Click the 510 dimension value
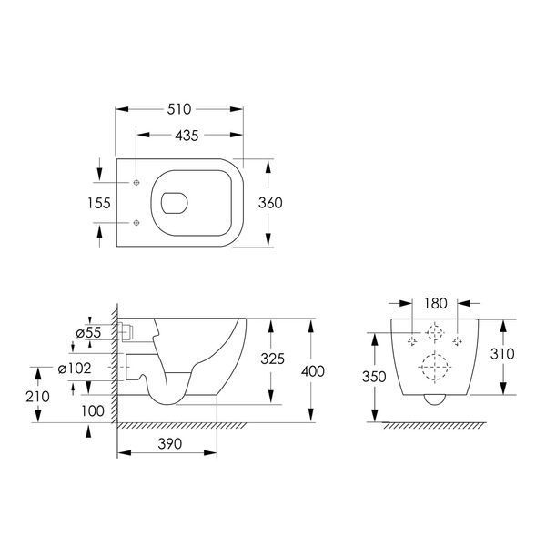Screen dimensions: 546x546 pos(179,109)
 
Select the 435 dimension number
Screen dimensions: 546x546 pos(187,136)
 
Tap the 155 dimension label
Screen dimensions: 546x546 pos(99,203)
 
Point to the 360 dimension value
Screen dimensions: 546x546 pos(270,203)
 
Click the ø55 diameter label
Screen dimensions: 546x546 pos(88,332)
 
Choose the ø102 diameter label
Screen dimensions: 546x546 pos(75,368)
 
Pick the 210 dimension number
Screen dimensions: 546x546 pos(37,397)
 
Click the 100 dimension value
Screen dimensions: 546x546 pos(93,411)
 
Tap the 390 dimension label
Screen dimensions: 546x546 pos(170,444)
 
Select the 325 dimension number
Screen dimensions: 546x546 pos(273,359)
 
